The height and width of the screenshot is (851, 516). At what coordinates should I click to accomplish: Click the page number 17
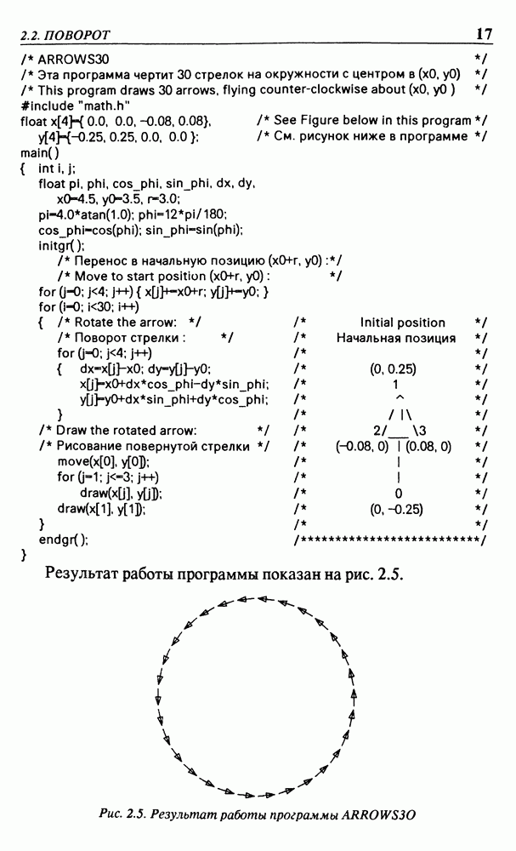(x=484, y=34)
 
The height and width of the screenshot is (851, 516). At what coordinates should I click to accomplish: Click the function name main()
(x=40, y=152)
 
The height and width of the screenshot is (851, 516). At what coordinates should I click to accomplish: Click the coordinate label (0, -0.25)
(x=397, y=510)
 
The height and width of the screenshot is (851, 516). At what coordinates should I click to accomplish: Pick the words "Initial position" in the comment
(x=403, y=323)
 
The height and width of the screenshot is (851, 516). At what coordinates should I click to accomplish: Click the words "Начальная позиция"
(x=396, y=338)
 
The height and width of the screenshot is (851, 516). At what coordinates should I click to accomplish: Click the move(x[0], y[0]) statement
(x=104, y=461)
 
